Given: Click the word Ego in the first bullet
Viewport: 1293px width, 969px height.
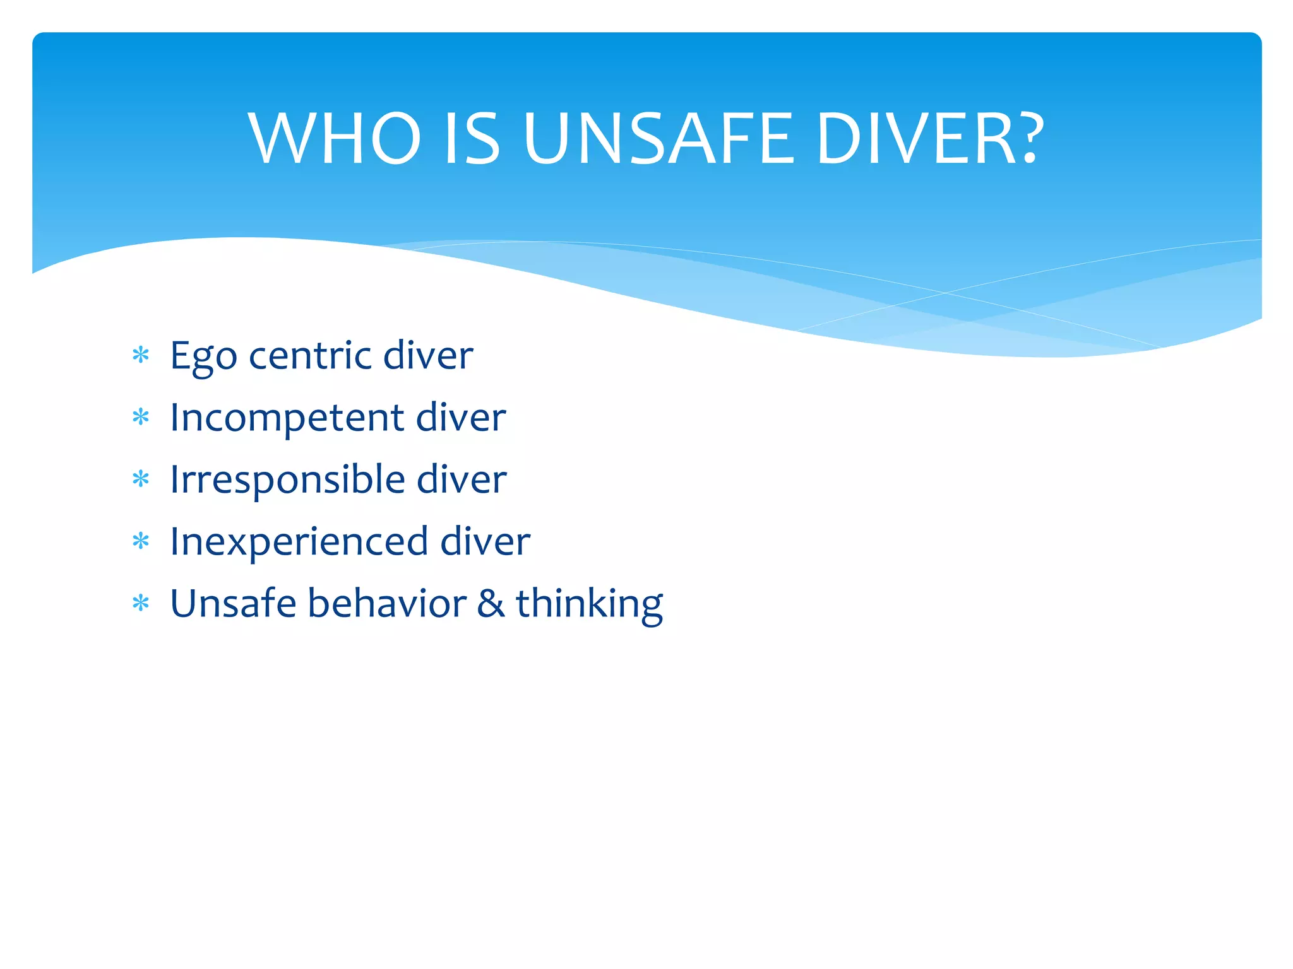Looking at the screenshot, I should point(203,356).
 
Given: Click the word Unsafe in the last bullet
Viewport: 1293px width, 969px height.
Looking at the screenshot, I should point(233,603).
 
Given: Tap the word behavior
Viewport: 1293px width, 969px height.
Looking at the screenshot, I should point(387,603).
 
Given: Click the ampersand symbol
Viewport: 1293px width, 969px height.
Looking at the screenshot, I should point(491,604).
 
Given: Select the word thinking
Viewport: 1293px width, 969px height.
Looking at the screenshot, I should point(589,604).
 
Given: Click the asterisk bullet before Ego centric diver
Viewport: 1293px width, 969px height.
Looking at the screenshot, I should point(141,355).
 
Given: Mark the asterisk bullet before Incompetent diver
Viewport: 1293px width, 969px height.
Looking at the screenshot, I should point(141,417).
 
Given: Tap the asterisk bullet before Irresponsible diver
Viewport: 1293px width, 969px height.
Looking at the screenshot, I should point(141,479).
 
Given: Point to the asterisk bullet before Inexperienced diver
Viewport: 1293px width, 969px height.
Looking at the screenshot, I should point(141,541).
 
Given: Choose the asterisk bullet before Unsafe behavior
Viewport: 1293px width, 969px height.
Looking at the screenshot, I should point(141,603).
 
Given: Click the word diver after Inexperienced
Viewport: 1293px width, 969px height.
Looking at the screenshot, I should point(485,541).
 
